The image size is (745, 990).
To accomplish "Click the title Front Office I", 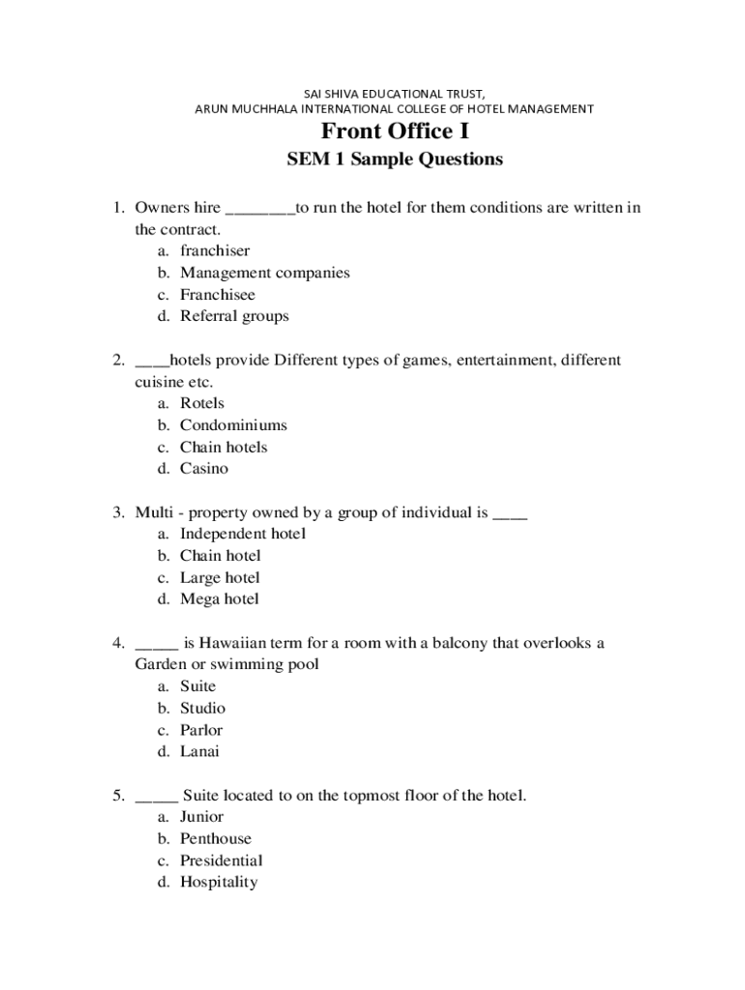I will (395, 131).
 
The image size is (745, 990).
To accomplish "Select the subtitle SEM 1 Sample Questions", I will (395, 160).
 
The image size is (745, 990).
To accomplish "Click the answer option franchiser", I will (215, 251).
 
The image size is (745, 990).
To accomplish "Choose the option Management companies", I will (264, 273).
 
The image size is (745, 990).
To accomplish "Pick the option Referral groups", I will (234, 316).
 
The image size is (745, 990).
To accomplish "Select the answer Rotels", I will (201, 403).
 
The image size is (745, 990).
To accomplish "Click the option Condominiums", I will (233, 425).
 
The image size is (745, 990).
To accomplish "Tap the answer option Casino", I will (204, 469).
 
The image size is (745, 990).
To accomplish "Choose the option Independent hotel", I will (242, 534).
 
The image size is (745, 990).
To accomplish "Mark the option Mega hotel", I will (220, 599).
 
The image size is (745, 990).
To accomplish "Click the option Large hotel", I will (220, 578).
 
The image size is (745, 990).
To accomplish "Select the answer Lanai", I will (199, 751).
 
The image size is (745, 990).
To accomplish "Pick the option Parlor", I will (200, 730).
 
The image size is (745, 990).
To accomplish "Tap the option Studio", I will (202, 708).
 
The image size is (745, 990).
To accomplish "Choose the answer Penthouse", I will (215, 838).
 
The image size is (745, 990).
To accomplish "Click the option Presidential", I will (221, 860).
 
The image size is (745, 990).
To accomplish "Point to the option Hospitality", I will (219, 882).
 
